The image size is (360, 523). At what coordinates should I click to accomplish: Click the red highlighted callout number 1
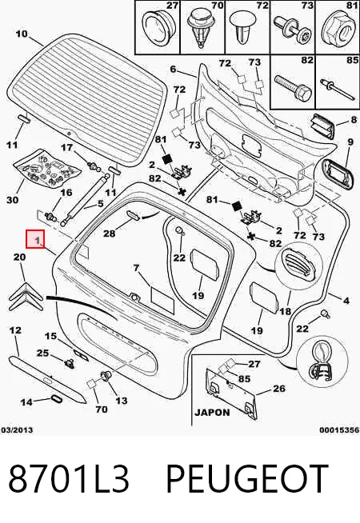tap(35, 239)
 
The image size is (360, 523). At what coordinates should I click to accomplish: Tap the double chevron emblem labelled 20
tap(26, 297)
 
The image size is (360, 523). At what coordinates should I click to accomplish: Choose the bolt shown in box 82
tap(293, 86)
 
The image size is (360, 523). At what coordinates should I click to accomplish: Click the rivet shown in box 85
tap(338, 88)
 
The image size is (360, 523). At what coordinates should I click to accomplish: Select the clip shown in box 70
tap(201, 28)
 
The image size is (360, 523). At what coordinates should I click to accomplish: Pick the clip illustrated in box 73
tap(293, 30)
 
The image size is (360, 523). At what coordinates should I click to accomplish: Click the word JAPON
tap(213, 413)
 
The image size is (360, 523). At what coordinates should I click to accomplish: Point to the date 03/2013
tap(17, 430)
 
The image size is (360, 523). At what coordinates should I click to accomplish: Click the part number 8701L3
tap(69, 478)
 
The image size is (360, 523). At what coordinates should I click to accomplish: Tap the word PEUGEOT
tap(247, 478)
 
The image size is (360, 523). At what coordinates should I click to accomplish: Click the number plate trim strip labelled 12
tap(47, 379)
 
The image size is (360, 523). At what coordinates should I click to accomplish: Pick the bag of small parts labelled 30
tap(46, 169)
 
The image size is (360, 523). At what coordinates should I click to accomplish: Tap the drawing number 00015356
tap(339, 430)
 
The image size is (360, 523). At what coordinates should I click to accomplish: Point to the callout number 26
tap(279, 388)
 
